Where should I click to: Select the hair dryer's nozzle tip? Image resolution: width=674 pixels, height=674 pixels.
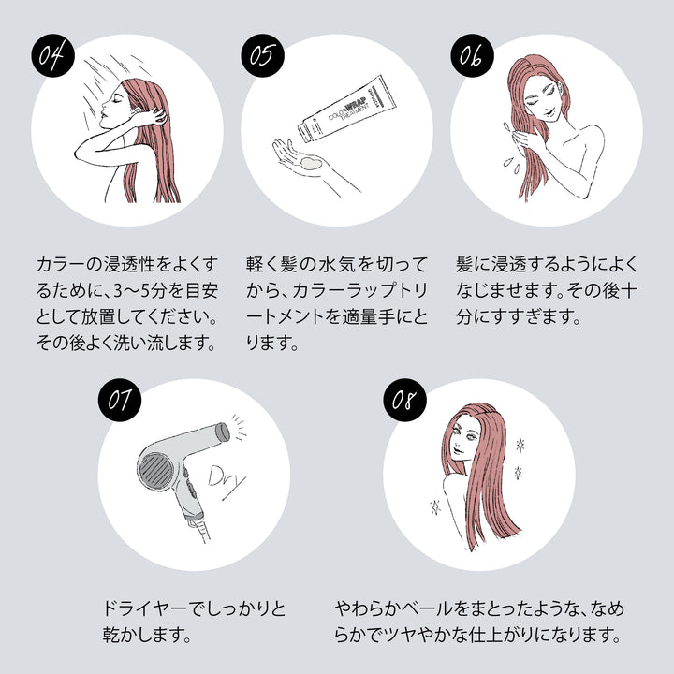(223, 431)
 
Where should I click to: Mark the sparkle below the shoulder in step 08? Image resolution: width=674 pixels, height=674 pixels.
(433, 507)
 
